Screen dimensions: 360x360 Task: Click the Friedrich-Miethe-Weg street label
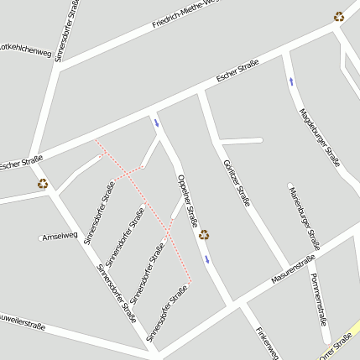tap(185, 16)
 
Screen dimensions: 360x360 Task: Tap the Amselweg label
tap(60, 236)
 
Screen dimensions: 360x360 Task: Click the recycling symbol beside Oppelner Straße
tap(204, 235)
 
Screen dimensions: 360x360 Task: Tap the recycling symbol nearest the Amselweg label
tap(42, 184)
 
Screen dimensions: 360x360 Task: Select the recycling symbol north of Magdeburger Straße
tap(338, 16)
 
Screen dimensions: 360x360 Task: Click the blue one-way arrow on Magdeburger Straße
tap(291, 81)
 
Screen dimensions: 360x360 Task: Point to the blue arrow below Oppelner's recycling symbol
tap(207, 258)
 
